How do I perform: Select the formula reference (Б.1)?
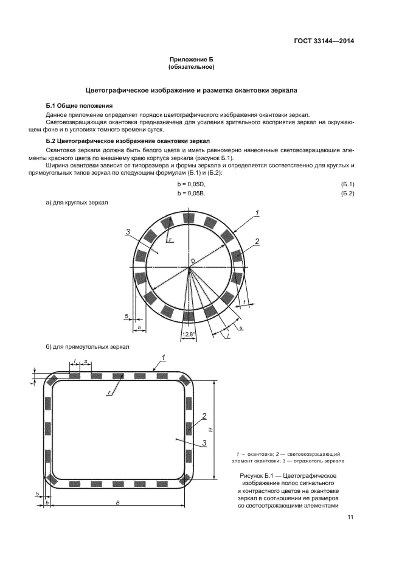click(347, 184)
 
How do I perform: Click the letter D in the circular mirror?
click(192, 261)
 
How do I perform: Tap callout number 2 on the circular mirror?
click(257, 242)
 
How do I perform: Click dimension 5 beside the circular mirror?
click(126, 317)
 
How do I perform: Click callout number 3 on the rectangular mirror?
click(205, 442)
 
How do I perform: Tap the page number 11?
click(350, 517)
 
